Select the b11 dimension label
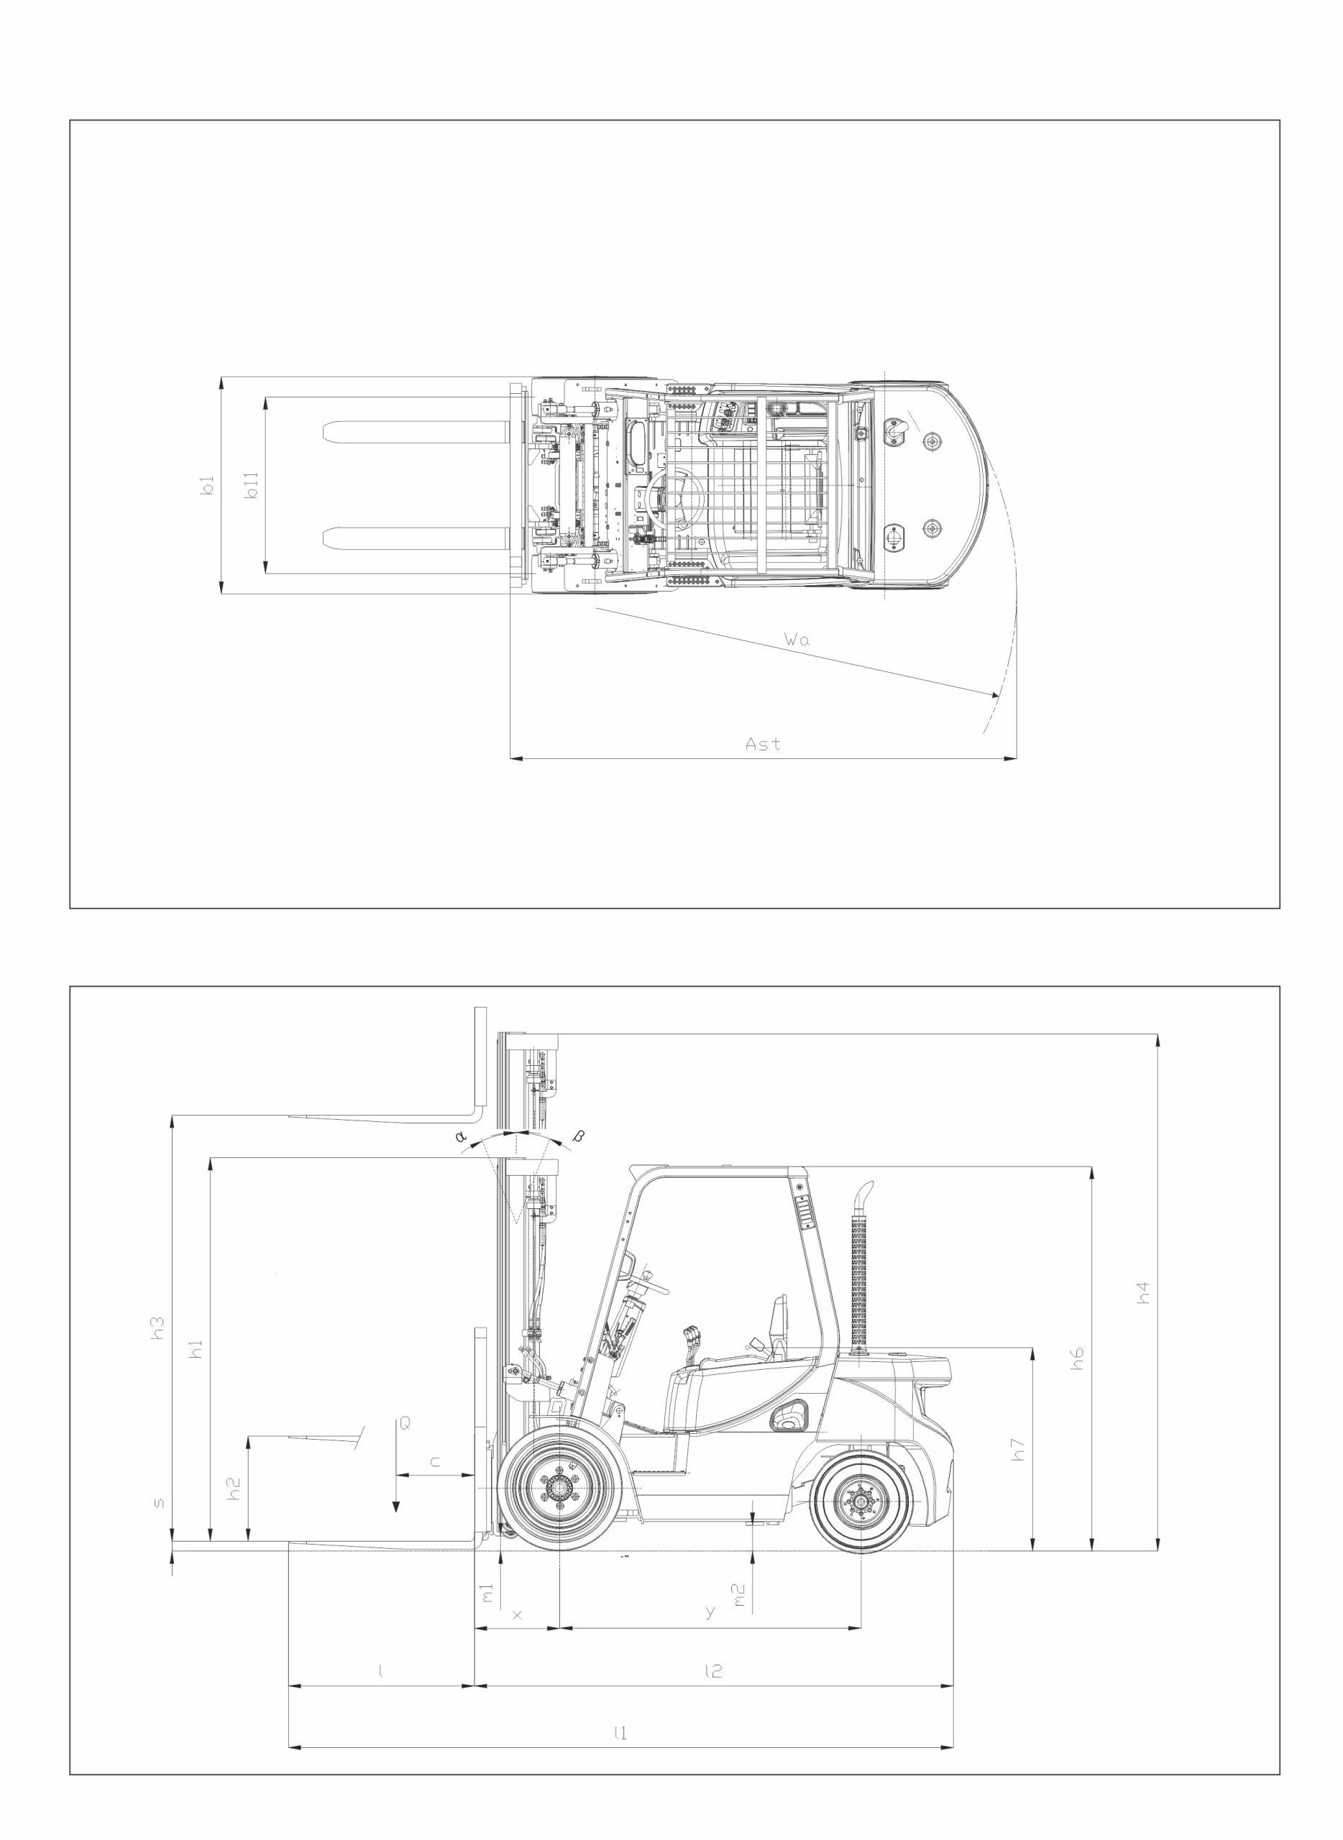pyautogui.click(x=252, y=485)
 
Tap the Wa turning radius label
pyautogui.click(x=797, y=640)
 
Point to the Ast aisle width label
pyautogui.click(x=764, y=744)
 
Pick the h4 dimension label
pyautogui.click(x=1143, y=1293)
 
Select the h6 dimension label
pyautogui.click(x=1077, y=1359)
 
